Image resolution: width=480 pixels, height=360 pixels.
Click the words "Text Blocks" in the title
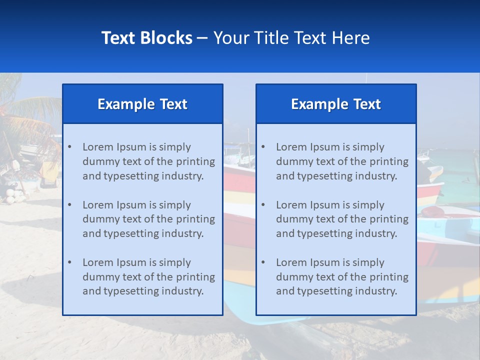(146, 38)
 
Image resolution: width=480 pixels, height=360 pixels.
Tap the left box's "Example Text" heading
(142, 104)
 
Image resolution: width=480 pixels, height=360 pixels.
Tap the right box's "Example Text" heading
(336, 104)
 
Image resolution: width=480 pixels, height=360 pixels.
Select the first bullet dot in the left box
(69, 147)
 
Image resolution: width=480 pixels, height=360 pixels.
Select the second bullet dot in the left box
(69, 205)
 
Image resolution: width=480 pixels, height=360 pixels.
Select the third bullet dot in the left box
(69, 262)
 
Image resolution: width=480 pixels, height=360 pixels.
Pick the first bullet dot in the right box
(263, 147)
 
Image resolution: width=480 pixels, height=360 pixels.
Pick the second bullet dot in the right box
(263, 205)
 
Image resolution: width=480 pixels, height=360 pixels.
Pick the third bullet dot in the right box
(263, 262)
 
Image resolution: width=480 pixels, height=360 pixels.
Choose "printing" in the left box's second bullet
(196, 219)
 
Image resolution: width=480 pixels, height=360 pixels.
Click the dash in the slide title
(203, 38)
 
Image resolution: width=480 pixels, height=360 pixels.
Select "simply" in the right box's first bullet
(368, 147)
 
